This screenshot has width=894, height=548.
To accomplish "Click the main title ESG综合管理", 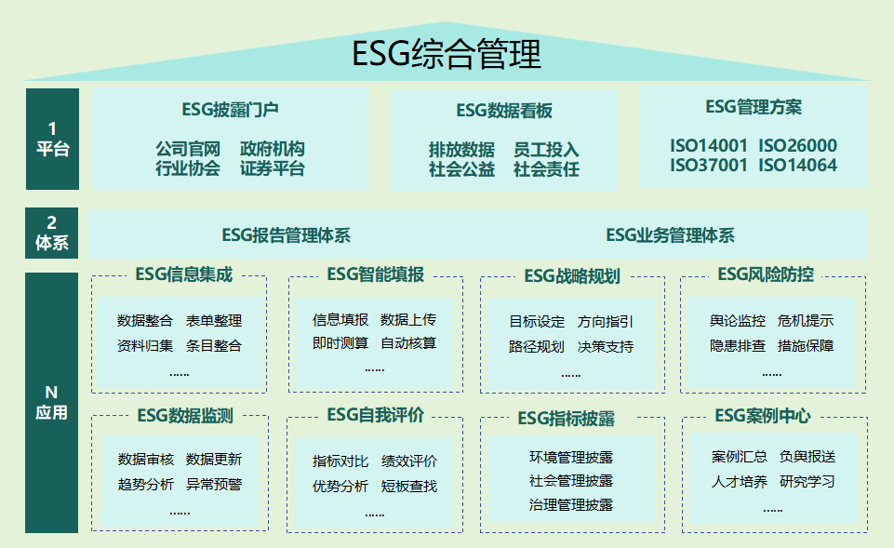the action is (x=447, y=54).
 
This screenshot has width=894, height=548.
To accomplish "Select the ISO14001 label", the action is (x=708, y=146).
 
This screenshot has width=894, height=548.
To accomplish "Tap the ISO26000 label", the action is (x=797, y=146).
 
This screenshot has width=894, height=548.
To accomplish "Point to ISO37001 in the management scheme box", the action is (x=708, y=166).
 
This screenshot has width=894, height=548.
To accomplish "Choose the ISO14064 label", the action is (x=797, y=166).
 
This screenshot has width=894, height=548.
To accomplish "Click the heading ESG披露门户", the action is (x=231, y=110).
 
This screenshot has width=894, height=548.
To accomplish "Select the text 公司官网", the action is (x=188, y=150).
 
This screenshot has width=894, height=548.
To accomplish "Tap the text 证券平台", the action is (x=273, y=168).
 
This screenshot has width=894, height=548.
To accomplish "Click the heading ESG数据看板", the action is (x=504, y=111).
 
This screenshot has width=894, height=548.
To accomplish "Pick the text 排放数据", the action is (x=461, y=150).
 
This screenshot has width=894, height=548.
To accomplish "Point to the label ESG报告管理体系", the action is (x=287, y=235).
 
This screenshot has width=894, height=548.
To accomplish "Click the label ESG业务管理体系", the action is (x=670, y=235).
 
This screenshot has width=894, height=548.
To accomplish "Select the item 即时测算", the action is (x=340, y=343).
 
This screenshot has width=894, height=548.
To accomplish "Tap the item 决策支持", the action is (x=606, y=347).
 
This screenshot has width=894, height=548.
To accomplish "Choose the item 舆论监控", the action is (x=738, y=321).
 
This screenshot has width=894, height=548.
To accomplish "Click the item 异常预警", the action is (x=214, y=485).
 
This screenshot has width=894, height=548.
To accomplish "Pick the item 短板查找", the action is (x=409, y=487).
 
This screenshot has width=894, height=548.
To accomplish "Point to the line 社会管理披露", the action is (x=570, y=481).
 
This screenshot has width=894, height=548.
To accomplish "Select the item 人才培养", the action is (x=740, y=483).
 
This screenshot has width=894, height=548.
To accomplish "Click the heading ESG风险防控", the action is (x=766, y=274).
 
